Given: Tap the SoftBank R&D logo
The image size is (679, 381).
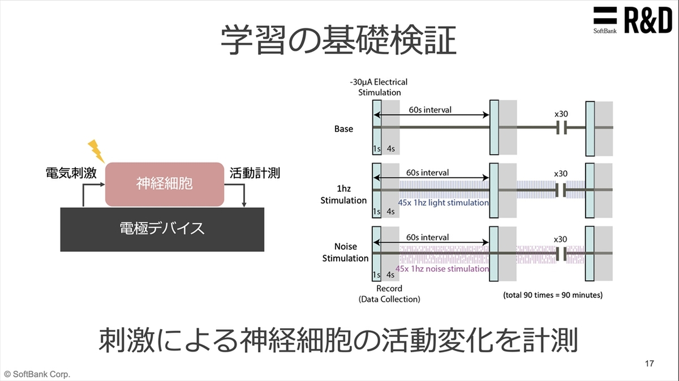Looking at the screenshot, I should coord(632,20).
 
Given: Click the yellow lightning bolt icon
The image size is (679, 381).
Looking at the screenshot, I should coord(96,150).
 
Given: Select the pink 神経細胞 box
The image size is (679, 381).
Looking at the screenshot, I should coord(164,183).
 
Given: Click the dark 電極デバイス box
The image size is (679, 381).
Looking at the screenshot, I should coord(162,229).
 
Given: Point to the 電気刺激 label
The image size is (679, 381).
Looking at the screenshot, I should coord(71,173).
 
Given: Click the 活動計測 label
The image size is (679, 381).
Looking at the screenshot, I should coord(255,173).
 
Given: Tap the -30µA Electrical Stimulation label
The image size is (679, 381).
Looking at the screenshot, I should coord(379,87).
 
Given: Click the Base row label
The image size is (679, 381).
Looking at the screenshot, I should coord(343,129).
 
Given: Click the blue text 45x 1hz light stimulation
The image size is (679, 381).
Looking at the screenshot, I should coord(443,202).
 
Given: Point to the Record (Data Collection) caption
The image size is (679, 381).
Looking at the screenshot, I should coord(389,294).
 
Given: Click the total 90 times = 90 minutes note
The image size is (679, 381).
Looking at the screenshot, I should coord(553,295).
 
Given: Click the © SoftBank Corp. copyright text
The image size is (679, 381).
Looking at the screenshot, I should coord(37,374).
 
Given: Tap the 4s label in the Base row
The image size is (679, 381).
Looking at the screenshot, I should coord(390,148).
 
